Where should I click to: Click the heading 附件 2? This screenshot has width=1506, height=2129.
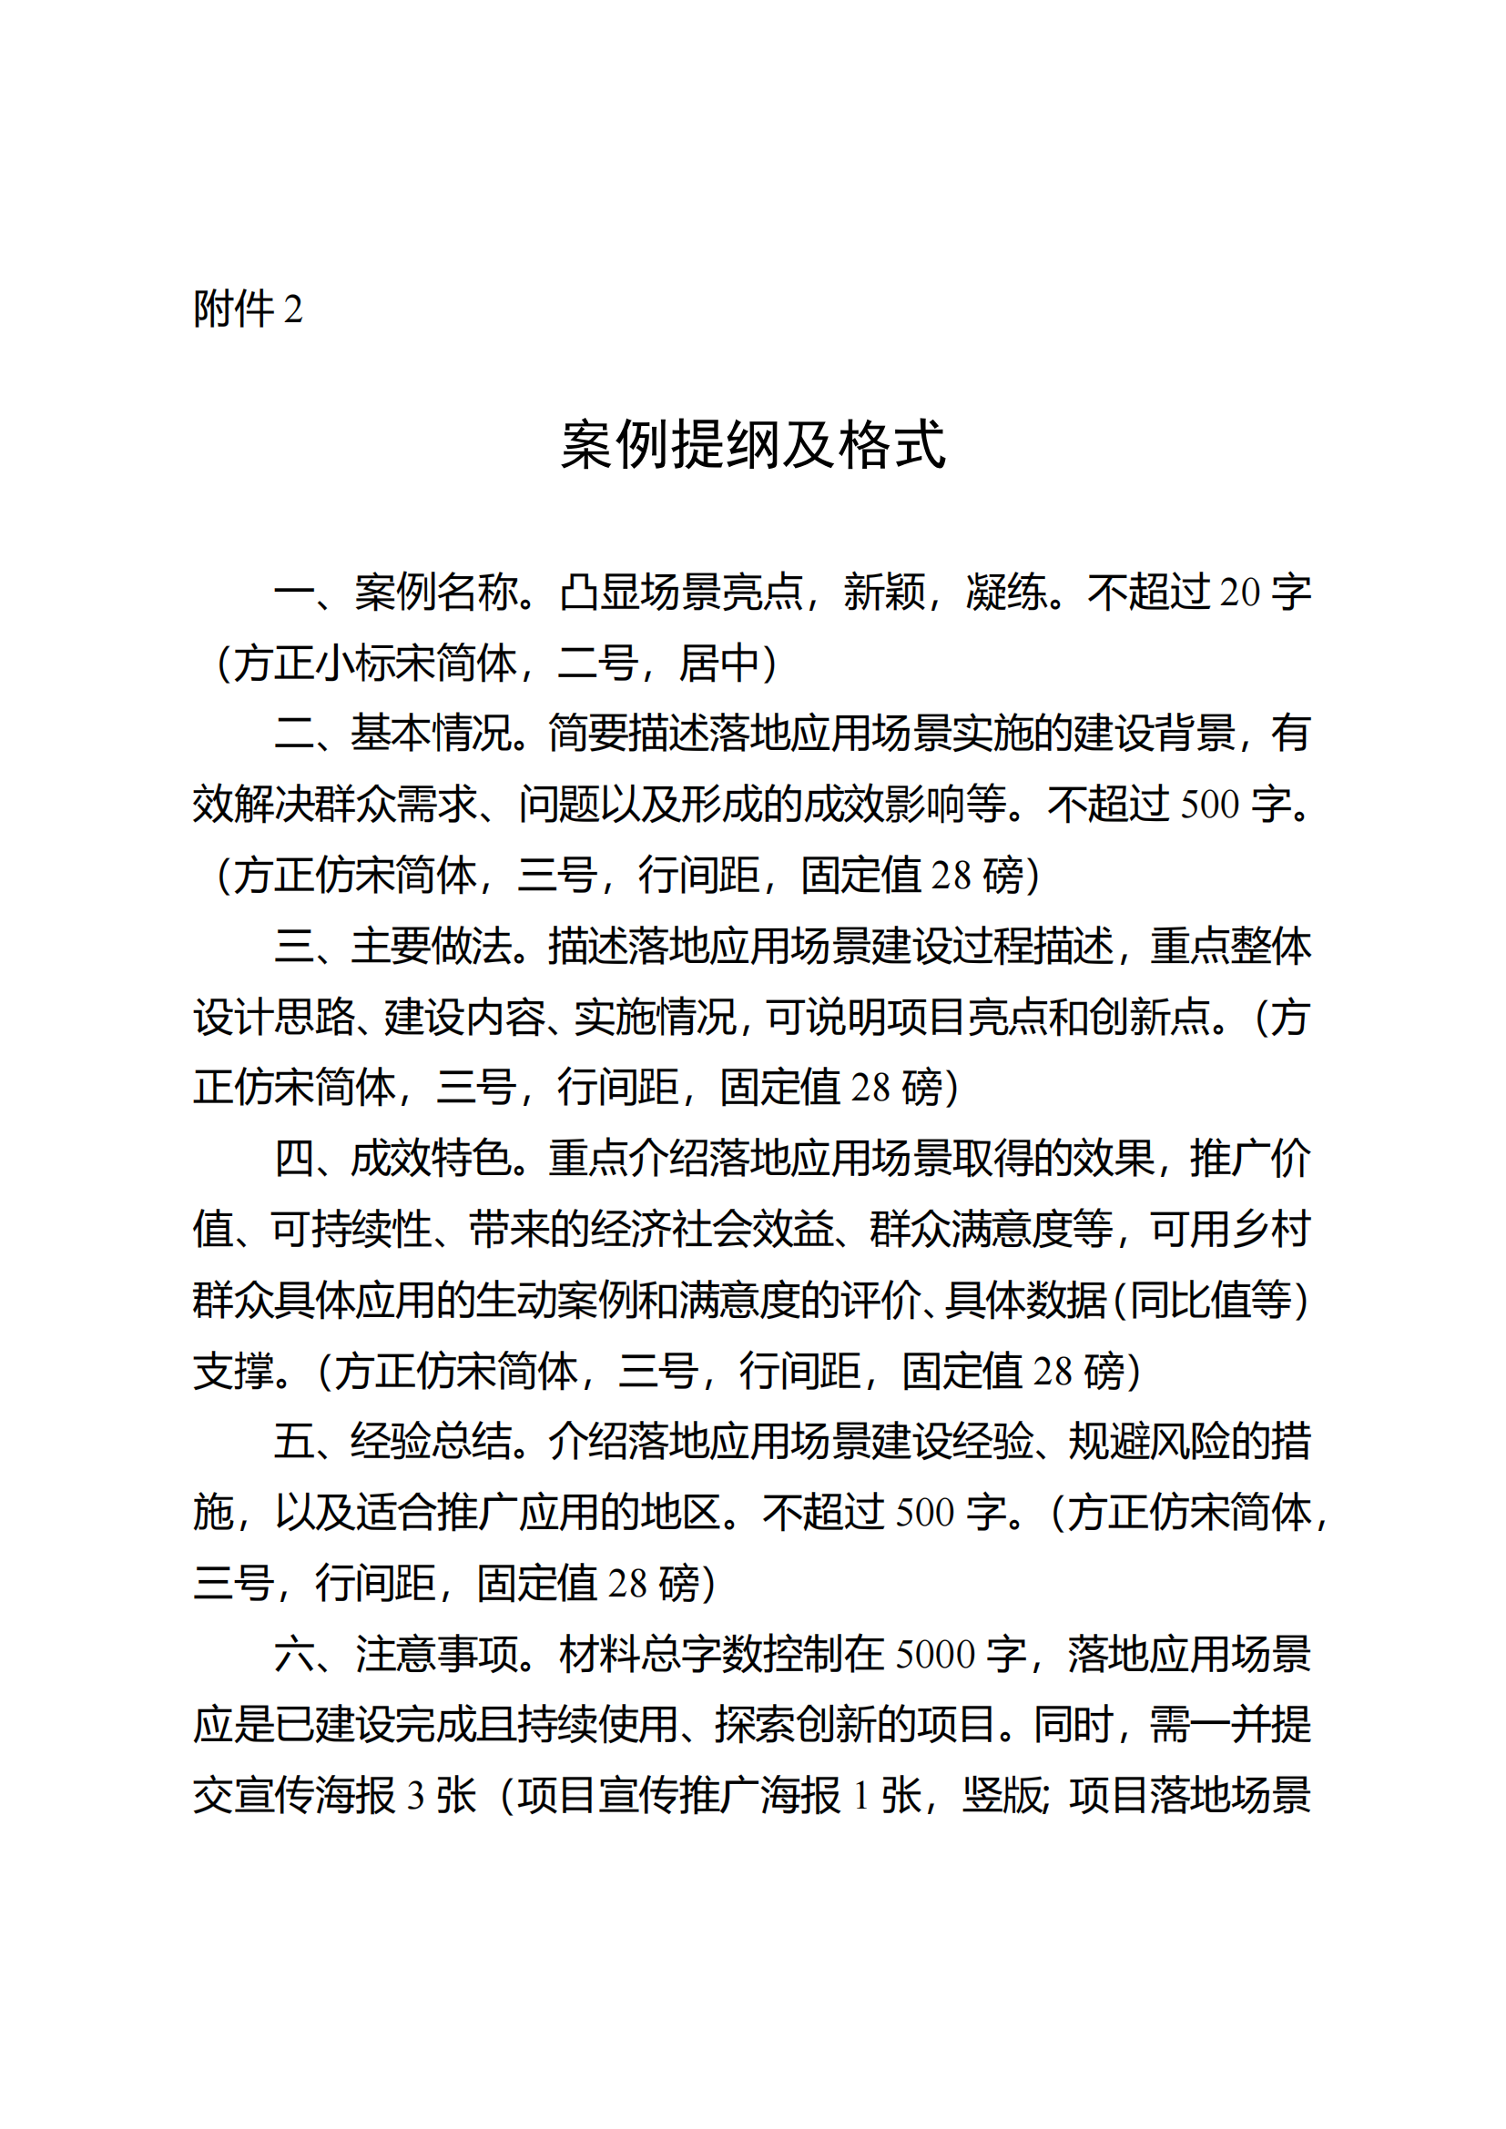point(248,309)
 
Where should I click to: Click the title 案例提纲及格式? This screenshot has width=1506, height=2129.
point(752,445)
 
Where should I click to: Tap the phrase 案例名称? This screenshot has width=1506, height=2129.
point(435,592)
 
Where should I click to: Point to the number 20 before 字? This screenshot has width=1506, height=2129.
point(1239,592)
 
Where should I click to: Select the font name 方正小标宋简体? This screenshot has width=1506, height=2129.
point(374,662)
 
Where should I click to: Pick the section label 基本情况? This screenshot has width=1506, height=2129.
point(432,733)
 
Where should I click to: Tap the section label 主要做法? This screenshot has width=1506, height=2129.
point(432,946)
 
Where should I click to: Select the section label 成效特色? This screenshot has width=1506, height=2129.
point(432,1158)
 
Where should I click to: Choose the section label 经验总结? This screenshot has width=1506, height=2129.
point(432,1441)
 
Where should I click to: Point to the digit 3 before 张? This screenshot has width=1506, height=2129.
point(415,1796)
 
